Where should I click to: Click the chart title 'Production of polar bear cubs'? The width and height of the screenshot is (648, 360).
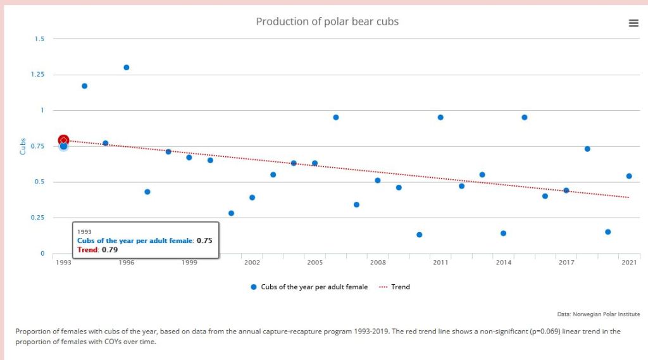click(x=327, y=22)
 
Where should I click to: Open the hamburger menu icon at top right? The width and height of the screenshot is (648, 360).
click(x=633, y=23)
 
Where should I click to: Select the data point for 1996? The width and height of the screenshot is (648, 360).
click(x=127, y=67)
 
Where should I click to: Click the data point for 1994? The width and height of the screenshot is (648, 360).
click(x=84, y=86)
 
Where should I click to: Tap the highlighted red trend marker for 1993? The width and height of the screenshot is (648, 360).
click(x=63, y=140)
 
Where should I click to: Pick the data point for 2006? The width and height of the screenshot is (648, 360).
click(x=336, y=117)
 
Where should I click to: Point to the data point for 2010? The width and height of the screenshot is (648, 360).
click(x=420, y=235)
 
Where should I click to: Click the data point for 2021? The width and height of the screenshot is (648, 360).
click(x=629, y=176)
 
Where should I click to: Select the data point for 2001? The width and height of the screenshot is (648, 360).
click(x=231, y=213)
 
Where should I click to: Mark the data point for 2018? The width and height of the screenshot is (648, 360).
click(x=587, y=149)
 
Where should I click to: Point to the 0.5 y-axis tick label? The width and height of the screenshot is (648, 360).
click(x=40, y=182)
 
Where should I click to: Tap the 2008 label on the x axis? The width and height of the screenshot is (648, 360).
click(x=378, y=262)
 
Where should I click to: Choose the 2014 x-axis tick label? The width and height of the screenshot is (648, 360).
click(x=504, y=262)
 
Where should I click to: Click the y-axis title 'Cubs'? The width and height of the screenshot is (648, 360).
click(x=23, y=147)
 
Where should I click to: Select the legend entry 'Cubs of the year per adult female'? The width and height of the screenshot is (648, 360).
click(x=314, y=287)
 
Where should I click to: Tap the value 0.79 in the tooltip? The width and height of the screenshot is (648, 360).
click(x=109, y=250)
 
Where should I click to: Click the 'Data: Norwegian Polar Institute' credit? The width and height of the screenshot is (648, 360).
click(x=598, y=314)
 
